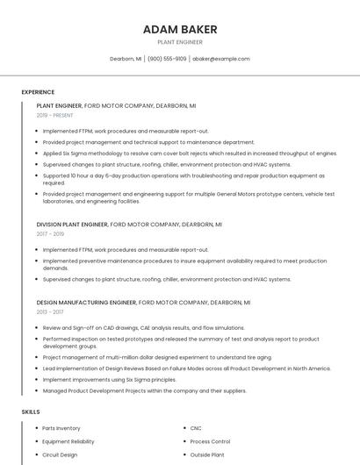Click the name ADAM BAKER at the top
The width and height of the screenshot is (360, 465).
pyautogui.click(x=180, y=29)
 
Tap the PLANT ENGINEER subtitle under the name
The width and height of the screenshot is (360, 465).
pyautogui.click(x=180, y=42)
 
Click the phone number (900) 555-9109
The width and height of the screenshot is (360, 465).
pyautogui.click(x=167, y=59)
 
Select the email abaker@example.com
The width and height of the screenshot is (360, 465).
pyautogui.click(x=221, y=59)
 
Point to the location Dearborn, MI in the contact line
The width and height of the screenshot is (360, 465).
pyautogui.click(x=126, y=59)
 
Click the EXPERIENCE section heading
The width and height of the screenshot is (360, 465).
pyautogui.click(x=38, y=91)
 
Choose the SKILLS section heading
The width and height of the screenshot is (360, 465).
pyautogui.click(x=30, y=411)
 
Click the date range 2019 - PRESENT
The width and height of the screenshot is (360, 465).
pyautogui.click(x=54, y=115)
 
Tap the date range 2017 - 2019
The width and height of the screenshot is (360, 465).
pyautogui.click(x=50, y=234)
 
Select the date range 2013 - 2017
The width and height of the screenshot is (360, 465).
pyautogui.click(x=50, y=311)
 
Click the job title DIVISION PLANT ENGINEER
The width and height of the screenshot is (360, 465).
pyautogui.click(x=72, y=225)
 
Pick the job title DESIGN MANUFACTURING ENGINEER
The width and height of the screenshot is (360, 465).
pyautogui.click(x=86, y=302)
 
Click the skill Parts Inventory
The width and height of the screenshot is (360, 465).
pyautogui.click(x=61, y=428)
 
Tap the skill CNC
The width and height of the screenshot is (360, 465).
pyautogui.click(x=196, y=428)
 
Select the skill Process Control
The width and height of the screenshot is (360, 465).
pyautogui.click(x=210, y=441)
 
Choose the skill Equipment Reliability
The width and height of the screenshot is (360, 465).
pyautogui.click(x=68, y=441)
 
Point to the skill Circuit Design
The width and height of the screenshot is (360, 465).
pyautogui.click(x=60, y=454)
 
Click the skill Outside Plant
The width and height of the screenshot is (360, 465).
pyautogui.click(x=207, y=454)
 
